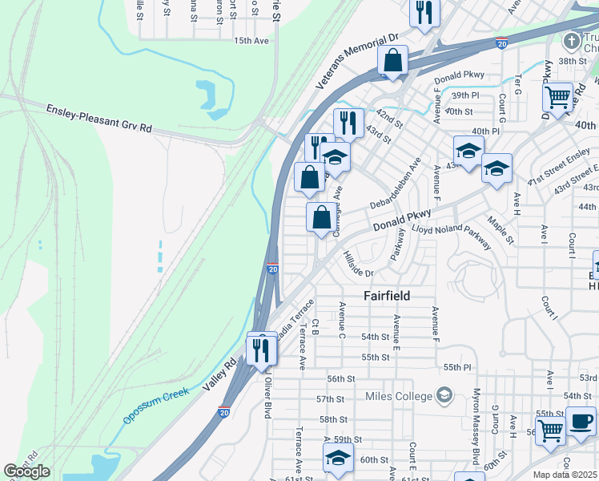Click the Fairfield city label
pyautogui.click(x=387, y=296)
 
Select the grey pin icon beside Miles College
pyautogui.click(x=444, y=395)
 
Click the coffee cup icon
pyautogui.click(x=581, y=421)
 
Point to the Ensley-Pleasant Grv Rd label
pyautogui.click(x=99, y=118)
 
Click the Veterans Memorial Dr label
pyautogui.click(x=357, y=61)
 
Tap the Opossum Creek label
pyautogui.click(x=156, y=406)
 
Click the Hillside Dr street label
pyautogui.click(x=358, y=263)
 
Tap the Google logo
pyautogui.click(x=26, y=471)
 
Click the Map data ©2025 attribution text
pyautogui.click(x=565, y=475)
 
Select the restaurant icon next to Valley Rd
pyautogui.click(x=261, y=349)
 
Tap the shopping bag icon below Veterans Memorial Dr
pyautogui.click(x=392, y=60)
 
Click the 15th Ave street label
pyautogui.click(x=249, y=40)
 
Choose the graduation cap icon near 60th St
pyautogui.click(x=338, y=459)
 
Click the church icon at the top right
pyautogui.click(x=571, y=41)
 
